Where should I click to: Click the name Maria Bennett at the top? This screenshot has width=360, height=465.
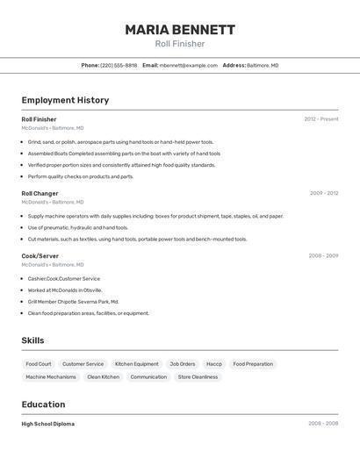[x=180, y=30]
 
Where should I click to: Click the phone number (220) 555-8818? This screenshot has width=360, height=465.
[x=119, y=65]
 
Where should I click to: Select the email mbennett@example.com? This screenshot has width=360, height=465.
[x=189, y=65]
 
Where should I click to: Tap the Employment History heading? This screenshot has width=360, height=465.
[x=65, y=100]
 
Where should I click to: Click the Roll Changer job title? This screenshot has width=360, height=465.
[x=40, y=193]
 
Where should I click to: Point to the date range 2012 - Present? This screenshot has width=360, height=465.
[x=321, y=119]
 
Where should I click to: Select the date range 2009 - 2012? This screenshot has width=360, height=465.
[x=324, y=193]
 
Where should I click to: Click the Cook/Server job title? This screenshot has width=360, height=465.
[x=40, y=255]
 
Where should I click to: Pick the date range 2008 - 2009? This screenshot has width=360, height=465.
[x=323, y=255]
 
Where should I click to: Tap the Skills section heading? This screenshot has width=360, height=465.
[x=32, y=340]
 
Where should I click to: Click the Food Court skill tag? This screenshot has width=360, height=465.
[x=39, y=364]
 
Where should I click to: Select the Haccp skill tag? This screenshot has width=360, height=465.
[x=214, y=364]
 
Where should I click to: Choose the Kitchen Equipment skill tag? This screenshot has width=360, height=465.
[x=137, y=364]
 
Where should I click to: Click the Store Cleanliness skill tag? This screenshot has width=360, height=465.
[x=198, y=377]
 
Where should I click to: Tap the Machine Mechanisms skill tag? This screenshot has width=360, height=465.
[x=51, y=377]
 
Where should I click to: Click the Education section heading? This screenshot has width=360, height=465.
[x=43, y=404]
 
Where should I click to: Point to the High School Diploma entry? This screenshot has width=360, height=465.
[x=47, y=424]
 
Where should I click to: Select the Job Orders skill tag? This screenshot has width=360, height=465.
[x=183, y=364]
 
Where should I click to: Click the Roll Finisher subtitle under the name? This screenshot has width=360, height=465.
[x=180, y=44]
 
